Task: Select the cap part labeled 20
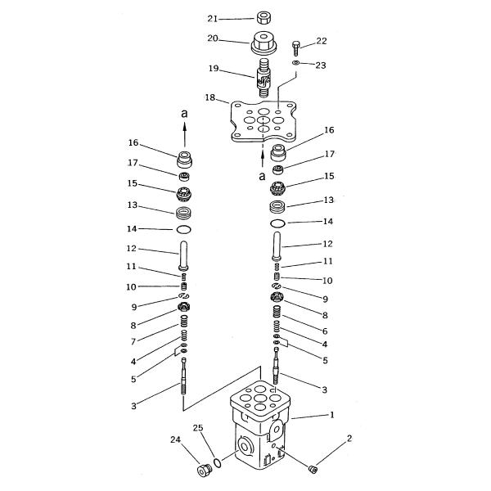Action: [264, 43]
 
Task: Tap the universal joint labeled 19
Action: [264, 77]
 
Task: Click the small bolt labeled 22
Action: [296, 47]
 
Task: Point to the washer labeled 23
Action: [296, 63]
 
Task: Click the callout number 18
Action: [210, 97]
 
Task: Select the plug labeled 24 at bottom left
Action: [204, 471]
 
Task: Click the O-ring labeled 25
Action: [217, 462]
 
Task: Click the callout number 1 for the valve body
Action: [332, 415]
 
